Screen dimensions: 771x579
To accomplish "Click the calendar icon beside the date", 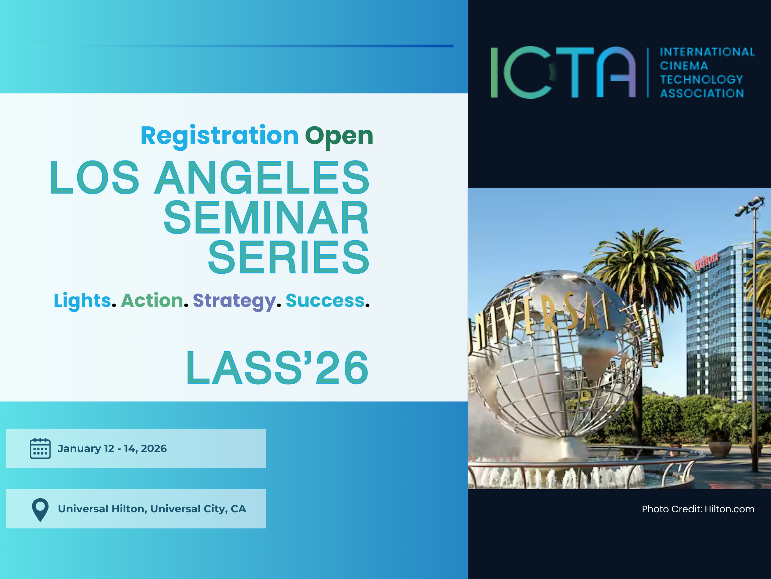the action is (40, 448).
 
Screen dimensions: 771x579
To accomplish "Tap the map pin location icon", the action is (40, 510).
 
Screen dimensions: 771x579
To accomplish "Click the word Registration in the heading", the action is (220, 136).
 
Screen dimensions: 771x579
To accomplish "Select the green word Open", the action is (339, 136).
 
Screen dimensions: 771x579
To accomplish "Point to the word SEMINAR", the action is (266, 218).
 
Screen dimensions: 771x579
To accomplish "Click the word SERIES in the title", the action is (288, 258).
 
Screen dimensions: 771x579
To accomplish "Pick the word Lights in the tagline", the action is (82, 301).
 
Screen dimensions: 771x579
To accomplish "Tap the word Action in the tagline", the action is (152, 301).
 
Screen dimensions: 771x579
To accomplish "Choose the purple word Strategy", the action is (235, 301).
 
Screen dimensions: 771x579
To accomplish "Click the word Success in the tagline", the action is (325, 301).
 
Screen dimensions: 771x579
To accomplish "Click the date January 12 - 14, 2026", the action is (112, 448).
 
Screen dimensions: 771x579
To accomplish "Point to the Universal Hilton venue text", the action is (152, 509).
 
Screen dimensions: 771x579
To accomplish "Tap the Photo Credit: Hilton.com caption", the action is (698, 509).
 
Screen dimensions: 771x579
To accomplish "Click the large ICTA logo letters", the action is (564, 72).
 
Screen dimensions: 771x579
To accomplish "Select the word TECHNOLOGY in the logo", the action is (701, 79).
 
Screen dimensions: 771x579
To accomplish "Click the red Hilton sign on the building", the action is (706, 261).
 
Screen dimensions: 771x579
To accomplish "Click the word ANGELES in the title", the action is (262, 177).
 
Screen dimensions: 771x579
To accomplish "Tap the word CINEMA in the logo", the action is (684, 66).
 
